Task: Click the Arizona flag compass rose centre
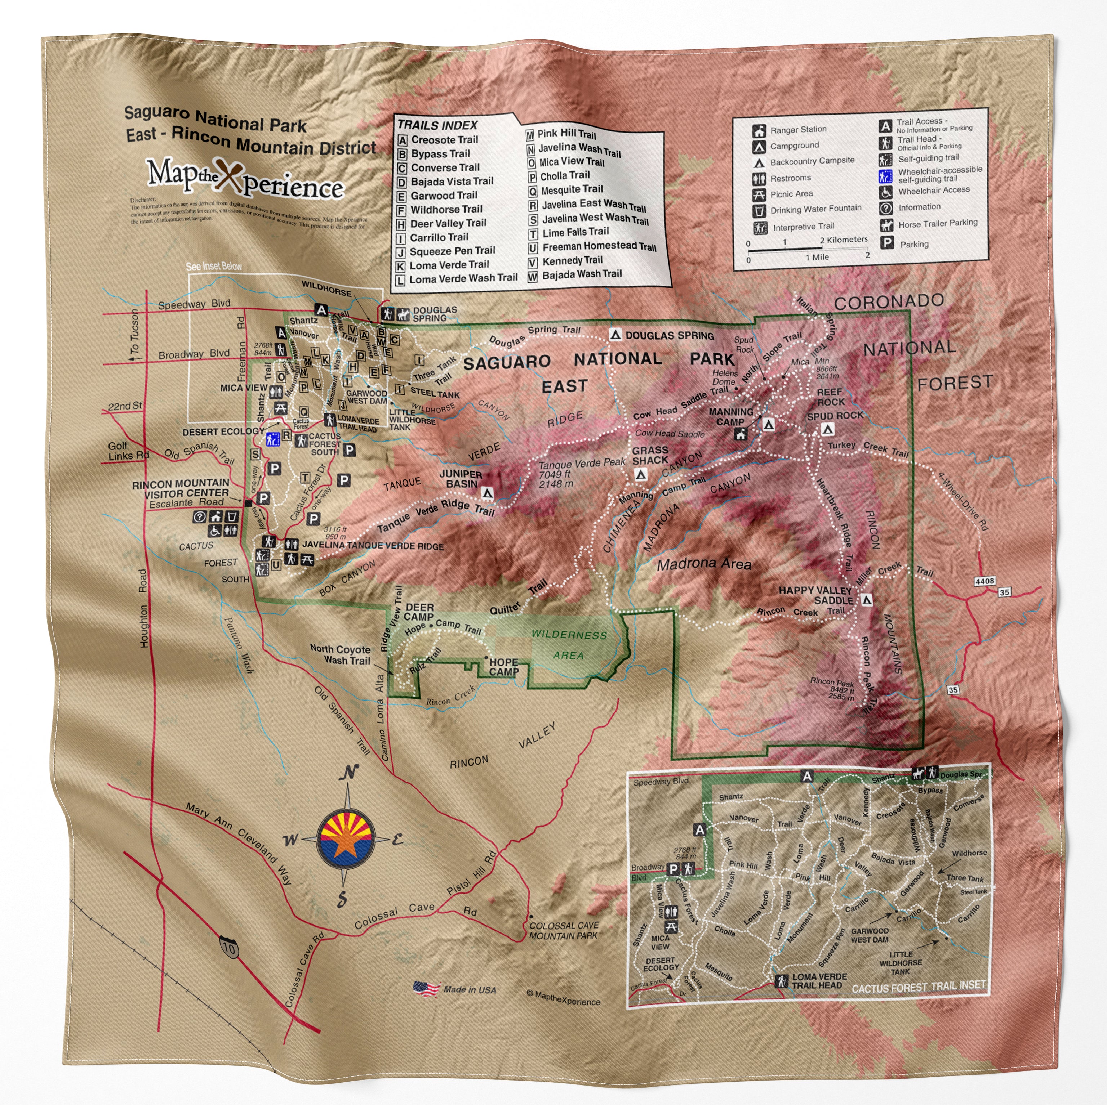click(x=346, y=839)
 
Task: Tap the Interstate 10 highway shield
click(x=228, y=948)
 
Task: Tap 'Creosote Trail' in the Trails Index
click(x=444, y=140)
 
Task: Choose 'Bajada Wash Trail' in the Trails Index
click(x=582, y=275)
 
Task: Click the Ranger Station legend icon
click(x=759, y=131)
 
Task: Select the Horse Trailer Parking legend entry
click(x=937, y=223)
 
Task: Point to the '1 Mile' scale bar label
click(x=817, y=257)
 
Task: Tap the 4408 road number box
click(x=984, y=581)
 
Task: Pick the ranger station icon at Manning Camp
click(x=741, y=434)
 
